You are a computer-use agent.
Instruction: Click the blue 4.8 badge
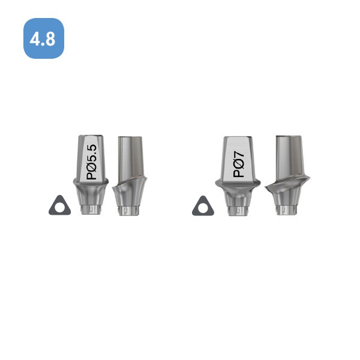click(x=44, y=38)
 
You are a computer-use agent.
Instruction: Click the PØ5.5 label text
click(x=91, y=162)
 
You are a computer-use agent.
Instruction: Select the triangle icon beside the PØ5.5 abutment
click(x=59, y=205)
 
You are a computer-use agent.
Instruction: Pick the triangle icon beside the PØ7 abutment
click(x=203, y=206)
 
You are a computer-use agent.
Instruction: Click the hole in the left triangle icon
click(x=60, y=208)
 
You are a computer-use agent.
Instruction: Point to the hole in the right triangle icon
click(x=203, y=209)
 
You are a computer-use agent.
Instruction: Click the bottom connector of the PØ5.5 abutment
click(x=91, y=210)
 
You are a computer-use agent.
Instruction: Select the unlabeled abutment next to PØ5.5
click(x=130, y=176)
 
